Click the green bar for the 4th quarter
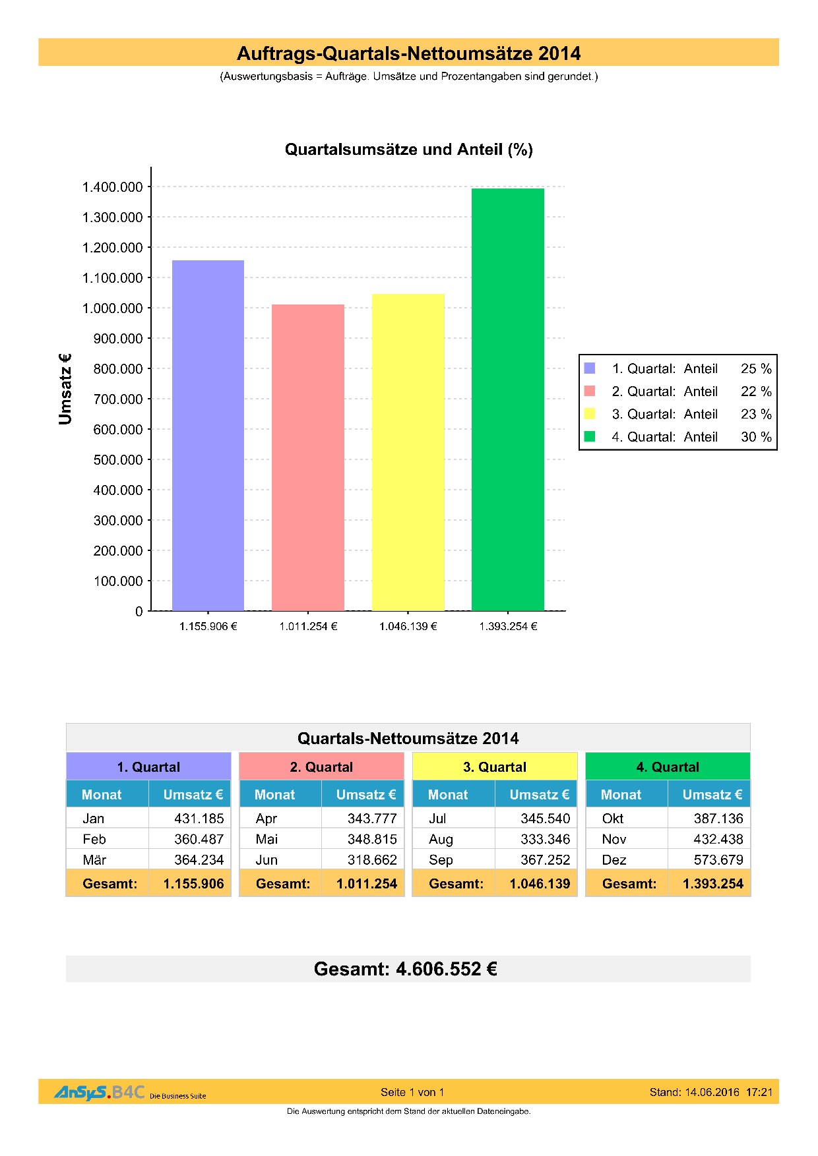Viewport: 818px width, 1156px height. (507, 399)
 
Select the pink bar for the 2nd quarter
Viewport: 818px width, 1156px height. (308, 457)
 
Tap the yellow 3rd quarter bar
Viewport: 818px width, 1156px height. (408, 452)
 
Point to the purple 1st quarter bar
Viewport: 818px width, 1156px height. (208, 435)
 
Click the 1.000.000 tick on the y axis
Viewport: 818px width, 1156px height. (112, 308)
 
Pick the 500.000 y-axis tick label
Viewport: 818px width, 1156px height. (118, 460)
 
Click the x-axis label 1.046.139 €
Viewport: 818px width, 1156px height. (408, 626)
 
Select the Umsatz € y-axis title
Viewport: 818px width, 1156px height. (65, 389)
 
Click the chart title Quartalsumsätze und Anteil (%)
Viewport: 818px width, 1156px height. (408, 150)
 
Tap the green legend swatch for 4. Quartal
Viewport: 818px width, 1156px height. (590, 436)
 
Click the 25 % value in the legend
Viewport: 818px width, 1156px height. (756, 368)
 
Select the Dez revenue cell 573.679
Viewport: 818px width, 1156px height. (718, 860)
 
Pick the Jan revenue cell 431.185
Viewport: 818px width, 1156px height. (199, 819)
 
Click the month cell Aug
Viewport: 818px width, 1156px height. (441, 840)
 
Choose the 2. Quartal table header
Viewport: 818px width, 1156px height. (321, 767)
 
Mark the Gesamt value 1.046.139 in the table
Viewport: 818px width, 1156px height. (540, 884)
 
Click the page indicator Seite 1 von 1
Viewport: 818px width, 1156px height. (412, 1092)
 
